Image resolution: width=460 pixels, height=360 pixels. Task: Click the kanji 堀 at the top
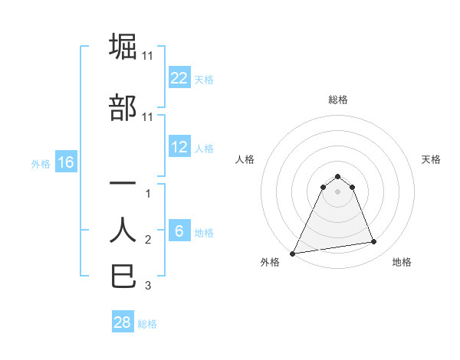click(x=123, y=46)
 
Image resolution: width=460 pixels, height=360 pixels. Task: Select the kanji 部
click(x=123, y=107)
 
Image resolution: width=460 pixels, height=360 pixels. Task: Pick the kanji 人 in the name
click(x=123, y=230)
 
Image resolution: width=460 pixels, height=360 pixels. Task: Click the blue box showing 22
click(x=179, y=77)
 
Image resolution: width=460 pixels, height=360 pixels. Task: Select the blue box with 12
click(x=179, y=147)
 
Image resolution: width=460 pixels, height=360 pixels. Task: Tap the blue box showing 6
click(x=179, y=231)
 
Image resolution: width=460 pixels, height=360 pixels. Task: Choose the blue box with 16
click(x=65, y=162)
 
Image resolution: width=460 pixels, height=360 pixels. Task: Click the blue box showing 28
click(x=123, y=322)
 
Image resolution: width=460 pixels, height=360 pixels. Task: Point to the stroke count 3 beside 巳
click(x=148, y=286)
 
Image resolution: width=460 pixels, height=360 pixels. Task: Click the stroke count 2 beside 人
click(x=148, y=240)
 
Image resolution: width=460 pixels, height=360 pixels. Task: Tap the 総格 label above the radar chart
click(x=337, y=100)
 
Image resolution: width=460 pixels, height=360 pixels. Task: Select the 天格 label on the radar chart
click(x=431, y=159)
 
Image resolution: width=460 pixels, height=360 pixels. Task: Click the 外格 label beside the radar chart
click(x=270, y=262)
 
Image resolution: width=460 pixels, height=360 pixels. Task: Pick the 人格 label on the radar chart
click(x=245, y=159)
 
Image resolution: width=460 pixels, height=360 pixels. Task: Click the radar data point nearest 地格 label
click(x=374, y=242)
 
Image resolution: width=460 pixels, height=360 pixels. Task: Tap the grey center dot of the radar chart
click(x=337, y=191)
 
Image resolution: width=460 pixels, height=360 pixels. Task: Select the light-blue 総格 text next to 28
click(x=147, y=323)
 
